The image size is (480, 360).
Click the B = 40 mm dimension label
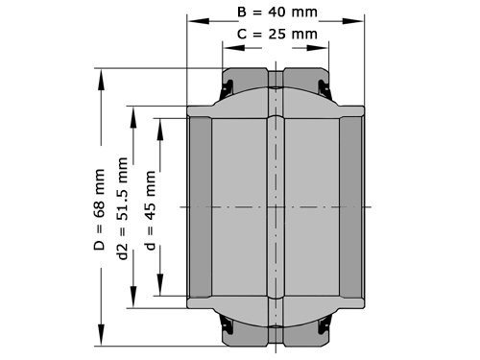pyautogui.click(x=276, y=12)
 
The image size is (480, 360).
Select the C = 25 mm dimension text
pyautogui.click(x=276, y=36)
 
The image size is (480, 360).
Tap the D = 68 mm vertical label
pyautogui.click(x=100, y=205)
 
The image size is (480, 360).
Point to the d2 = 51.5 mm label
pyautogui.click(x=123, y=205)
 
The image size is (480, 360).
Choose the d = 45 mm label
pyautogui.click(x=149, y=205)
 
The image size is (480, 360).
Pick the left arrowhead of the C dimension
pyautogui.click(x=228, y=43)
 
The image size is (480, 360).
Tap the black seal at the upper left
pyautogui.click(x=228, y=89)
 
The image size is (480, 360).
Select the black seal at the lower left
pyautogui.click(x=228, y=324)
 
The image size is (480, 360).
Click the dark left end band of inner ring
pyautogui.click(x=200, y=206)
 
